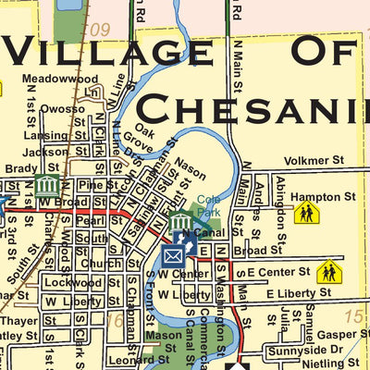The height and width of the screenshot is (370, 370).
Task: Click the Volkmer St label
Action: point(314,161)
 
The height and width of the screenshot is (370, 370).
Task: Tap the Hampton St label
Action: point(323,197)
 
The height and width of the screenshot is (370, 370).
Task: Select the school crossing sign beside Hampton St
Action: point(306,214)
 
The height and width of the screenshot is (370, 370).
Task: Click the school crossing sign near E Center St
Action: point(327,272)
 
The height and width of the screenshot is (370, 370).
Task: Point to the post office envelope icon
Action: point(174,254)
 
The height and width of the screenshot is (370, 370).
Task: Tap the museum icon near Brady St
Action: point(47,186)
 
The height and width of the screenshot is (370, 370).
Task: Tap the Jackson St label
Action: point(45,152)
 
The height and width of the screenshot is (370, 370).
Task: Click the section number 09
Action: point(100,31)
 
